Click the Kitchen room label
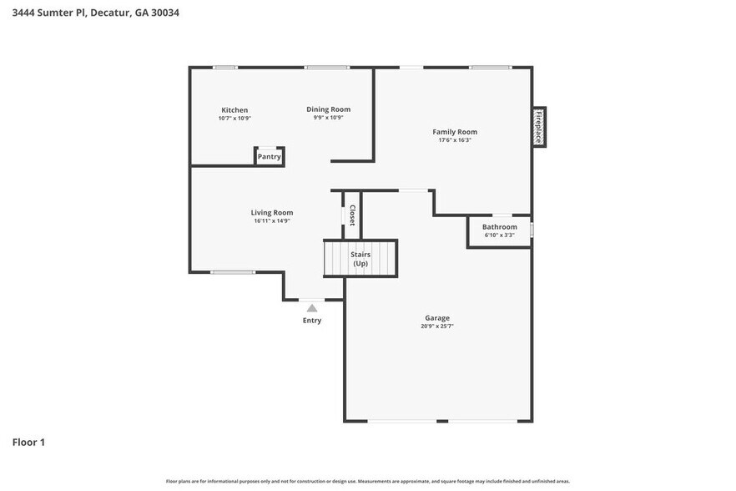click(x=234, y=110)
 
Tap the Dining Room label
click(x=328, y=109)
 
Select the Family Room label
click(x=455, y=132)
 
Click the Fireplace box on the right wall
click(x=538, y=127)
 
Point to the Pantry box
click(x=269, y=157)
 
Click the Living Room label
click(x=272, y=212)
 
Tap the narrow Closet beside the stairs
click(x=352, y=215)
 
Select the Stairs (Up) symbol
click(x=360, y=258)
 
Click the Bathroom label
click(x=500, y=227)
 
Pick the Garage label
click(x=437, y=318)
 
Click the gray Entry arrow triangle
click(x=312, y=308)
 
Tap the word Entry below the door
click(x=312, y=321)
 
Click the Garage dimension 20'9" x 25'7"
click(x=437, y=326)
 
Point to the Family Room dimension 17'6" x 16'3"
click(x=455, y=140)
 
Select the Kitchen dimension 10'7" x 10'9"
click(x=234, y=119)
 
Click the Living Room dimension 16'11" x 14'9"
click(x=272, y=220)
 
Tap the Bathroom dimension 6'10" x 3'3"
click(x=500, y=235)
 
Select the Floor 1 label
click(x=28, y=442)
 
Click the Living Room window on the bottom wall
click(x=233, y=272)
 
